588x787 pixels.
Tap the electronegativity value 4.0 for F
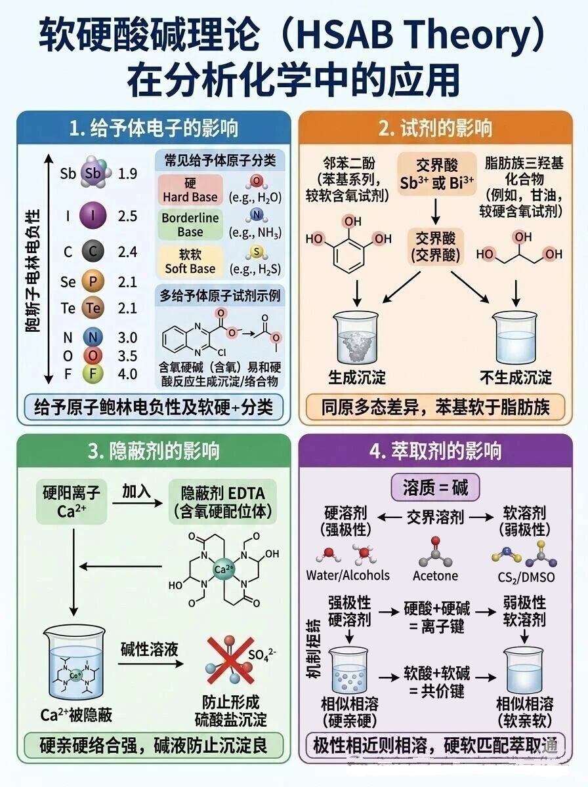click(x=127, y=374)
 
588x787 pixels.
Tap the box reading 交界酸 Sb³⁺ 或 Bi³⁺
click(x=437, y=174)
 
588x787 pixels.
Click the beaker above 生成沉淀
click(x=356, y=339)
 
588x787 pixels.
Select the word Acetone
click(x=435, y=576)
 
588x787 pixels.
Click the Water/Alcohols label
click(x=348, y=575)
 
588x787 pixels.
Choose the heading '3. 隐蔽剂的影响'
click(x=154, y=451)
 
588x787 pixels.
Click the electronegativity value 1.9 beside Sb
click(x=127, y=174)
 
